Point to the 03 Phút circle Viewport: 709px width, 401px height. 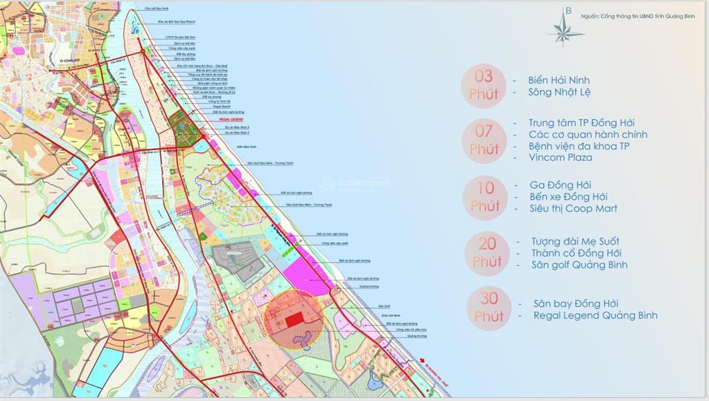click(x=484, y=85)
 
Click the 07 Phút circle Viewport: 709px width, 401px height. click(x=484, y=139)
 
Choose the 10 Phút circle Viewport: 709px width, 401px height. click(x=485, y=196)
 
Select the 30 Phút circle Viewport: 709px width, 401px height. click(x=489, y=308)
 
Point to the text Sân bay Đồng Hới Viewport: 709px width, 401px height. click(x=576, y=304)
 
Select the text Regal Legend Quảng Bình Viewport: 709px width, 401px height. click(x=595, y=316)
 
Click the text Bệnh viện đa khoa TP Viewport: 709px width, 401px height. click(x=579, y=146)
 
